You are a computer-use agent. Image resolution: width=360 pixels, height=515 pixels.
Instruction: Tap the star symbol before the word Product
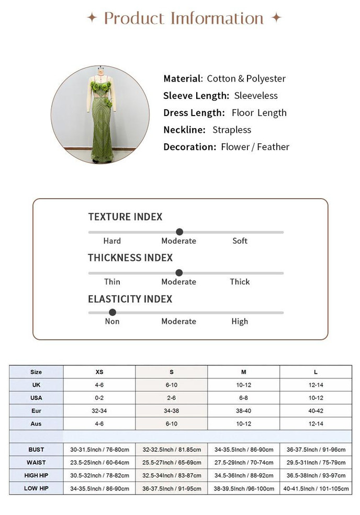92,18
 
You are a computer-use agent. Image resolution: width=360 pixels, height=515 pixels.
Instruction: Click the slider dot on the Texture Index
179,232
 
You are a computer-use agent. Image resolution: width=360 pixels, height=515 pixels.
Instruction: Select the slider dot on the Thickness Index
179,272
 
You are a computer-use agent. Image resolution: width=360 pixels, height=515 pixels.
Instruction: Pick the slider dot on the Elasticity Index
112,312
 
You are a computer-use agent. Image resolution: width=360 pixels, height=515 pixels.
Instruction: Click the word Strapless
232,130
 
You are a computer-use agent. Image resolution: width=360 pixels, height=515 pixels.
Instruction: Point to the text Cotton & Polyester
246,78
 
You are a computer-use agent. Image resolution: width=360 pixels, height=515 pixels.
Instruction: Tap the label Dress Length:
194,112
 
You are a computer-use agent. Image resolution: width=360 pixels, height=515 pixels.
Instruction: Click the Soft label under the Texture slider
240,241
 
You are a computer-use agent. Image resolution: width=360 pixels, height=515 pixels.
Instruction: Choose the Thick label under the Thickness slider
240,282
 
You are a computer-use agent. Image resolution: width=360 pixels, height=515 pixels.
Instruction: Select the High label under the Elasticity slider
240,322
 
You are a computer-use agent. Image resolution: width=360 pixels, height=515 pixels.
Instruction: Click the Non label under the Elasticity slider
112,322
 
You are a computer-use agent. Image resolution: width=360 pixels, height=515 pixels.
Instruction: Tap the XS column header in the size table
99,372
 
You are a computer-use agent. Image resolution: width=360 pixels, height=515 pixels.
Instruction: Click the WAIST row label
36,462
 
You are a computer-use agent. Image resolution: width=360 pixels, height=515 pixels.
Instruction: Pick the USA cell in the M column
243,398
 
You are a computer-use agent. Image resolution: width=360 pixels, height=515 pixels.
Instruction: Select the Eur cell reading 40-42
316,411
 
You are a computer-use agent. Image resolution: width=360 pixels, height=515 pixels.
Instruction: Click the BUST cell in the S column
172,450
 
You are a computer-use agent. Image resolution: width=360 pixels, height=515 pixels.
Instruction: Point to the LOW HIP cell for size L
316,488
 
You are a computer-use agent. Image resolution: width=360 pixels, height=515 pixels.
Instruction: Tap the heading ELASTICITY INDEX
130,299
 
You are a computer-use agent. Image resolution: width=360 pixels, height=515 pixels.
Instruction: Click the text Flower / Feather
255,147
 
